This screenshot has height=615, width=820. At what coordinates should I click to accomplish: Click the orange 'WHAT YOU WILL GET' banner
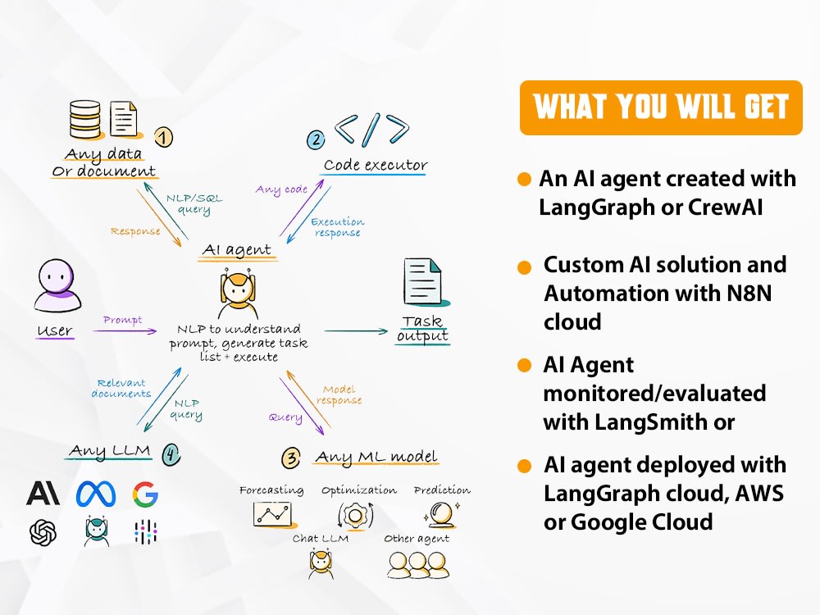tap(661, 107)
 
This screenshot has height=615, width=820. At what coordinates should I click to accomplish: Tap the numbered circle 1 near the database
tap(164, 138)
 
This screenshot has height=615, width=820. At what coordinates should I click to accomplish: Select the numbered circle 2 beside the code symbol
tap(316, 139)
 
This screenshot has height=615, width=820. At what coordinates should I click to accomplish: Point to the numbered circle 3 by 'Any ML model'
tap(291, 457)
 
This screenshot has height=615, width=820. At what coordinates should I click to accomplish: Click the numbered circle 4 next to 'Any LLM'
tap(170, 453)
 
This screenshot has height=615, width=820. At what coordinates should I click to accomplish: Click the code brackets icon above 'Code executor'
tap(371, 130)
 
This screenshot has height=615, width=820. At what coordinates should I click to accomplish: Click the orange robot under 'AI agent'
tap(238, 290)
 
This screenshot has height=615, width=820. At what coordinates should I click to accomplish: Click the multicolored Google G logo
tap(145, 494)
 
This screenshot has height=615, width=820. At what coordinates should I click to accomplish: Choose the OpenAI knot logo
tap(43, 532)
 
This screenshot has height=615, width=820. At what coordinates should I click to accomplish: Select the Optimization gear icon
tap(356, 516)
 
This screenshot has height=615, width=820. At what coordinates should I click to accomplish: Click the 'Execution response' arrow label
tap(337, 227)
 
